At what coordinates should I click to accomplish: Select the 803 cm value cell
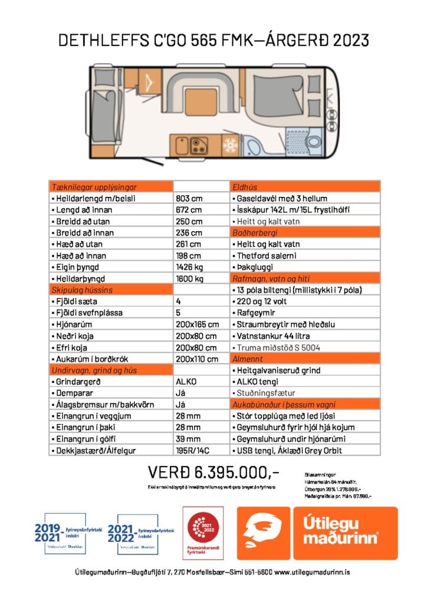(x=189, y=198)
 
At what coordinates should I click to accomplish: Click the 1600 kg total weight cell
(x=189, y=278)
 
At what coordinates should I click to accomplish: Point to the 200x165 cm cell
(x=197, y=324)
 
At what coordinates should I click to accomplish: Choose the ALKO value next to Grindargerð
(x=186, y=381)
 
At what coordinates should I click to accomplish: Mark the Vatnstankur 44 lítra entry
(x=272, y=335)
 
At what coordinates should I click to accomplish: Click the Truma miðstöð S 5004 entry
(x=278, y=347)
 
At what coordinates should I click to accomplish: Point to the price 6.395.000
(x=212, y=473)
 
